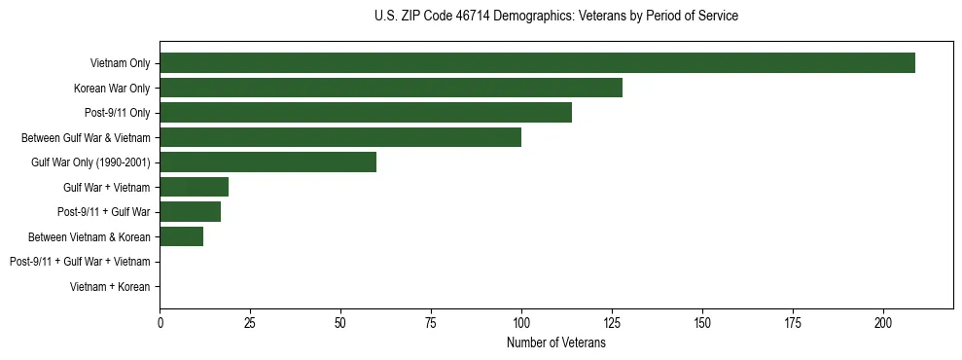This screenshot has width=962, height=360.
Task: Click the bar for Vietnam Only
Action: [x=537, y=63]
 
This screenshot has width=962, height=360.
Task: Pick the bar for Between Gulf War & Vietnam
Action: [x=340, y=137]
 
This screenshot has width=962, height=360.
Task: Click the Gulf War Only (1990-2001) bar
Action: [x=268, y=162]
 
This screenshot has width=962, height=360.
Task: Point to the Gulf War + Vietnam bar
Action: [x=195, y=187]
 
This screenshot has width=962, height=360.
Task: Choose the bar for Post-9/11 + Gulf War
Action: [x=191, y=212]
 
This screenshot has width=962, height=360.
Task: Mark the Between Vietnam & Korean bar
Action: [x=182, y=236]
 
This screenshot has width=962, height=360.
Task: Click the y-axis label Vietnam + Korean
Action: [x=110, y=287]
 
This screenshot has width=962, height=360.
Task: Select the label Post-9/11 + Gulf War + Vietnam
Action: [x=80, y=262]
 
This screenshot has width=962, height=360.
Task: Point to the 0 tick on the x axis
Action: [x=160, y=322]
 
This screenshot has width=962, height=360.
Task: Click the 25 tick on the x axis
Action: [x=250, y=322]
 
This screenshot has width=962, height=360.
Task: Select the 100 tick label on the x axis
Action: [x=521, y=322]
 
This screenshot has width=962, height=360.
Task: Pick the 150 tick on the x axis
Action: [x=702, y=322]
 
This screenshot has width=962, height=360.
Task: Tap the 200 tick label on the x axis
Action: [x=883, y=322]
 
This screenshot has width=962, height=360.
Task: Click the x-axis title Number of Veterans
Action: [x=556, y=342]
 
